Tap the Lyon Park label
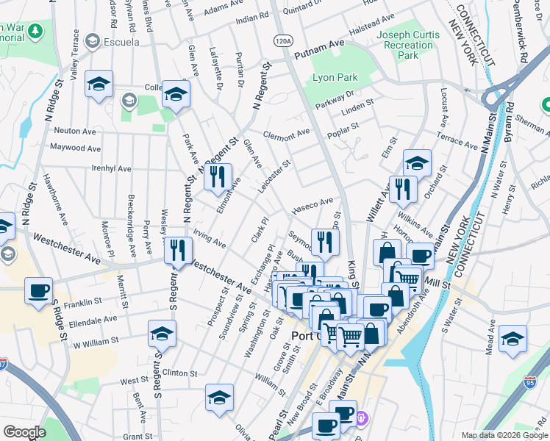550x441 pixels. point(335,77)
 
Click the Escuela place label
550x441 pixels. point(121,41)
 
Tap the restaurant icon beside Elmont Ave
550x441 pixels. point(217,177)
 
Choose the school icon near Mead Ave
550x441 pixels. point(512,339)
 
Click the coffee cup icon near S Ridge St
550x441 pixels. point(38,290)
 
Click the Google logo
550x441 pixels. point(24,432)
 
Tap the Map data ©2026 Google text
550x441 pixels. point(504,434)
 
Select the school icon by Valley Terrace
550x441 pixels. point(98,85)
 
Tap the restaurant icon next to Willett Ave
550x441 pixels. point(402,189)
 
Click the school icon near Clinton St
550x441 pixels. point(162,334)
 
